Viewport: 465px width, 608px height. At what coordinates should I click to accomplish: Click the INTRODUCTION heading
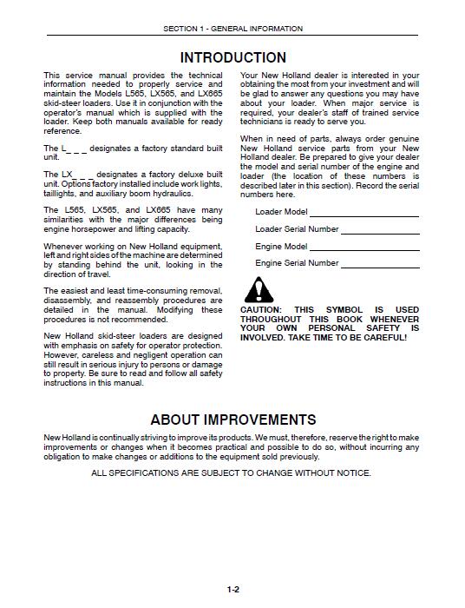pos(232,58)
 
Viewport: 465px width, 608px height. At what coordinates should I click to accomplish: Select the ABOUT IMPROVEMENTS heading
pos(232,420)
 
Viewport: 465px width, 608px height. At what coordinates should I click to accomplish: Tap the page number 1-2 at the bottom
pos(232,591)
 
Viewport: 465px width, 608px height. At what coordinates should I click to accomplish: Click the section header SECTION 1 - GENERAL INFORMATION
pos(232,29)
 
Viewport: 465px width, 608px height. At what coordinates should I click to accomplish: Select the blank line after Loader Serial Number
pos(380,231)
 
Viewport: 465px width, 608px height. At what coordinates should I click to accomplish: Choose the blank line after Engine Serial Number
pos(380,264)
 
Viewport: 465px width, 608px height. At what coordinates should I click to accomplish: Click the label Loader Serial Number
pos(297,229)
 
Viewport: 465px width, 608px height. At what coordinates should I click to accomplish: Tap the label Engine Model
pos(281,246)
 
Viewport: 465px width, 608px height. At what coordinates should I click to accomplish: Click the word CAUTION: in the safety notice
pos(261,310)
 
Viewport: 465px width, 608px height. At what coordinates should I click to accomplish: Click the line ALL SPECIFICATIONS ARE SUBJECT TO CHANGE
pos(232,473)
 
